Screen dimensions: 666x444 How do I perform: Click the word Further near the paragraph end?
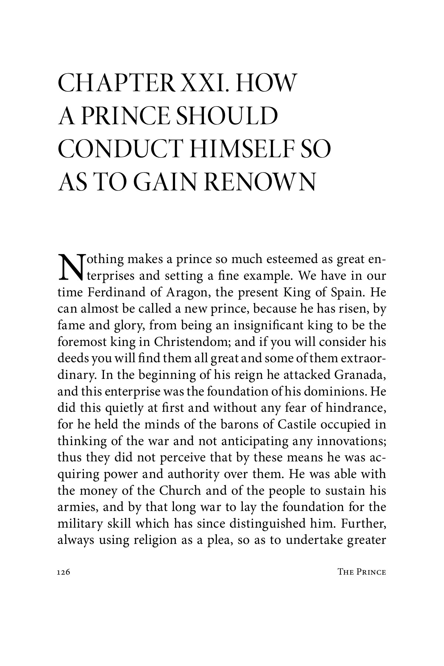[x=364, y=524]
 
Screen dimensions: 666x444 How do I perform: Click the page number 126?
[x=64, y=572]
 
